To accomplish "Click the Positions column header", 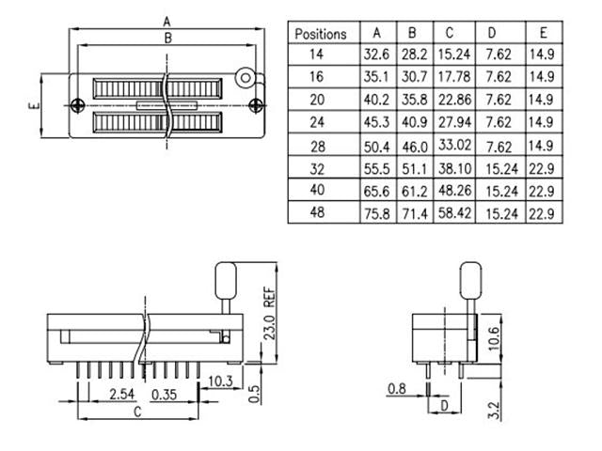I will (321, 34).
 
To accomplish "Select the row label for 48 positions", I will (321, 213).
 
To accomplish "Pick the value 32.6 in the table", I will (376, 55).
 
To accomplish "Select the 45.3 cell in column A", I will (376, 123).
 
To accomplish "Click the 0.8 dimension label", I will (397, 387).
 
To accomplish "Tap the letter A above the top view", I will (166, 20).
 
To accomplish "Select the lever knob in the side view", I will (226, 279).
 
